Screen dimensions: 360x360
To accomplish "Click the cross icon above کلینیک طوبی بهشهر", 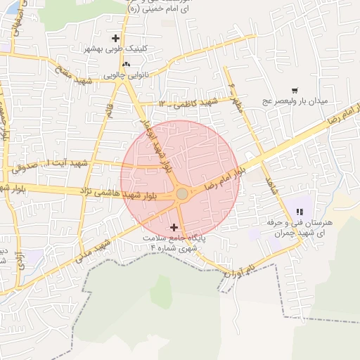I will pyautogui.click(x=116, y=38).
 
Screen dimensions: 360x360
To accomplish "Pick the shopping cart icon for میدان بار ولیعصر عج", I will pyautogui.click(x=294, y=90).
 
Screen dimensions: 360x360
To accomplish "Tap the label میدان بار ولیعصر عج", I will pyautogui.click(x=295, y=101).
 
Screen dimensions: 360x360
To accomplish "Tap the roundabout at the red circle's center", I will pyautogui.click(x=181, y=193).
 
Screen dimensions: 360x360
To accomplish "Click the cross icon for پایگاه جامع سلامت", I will pyautogui.click(x=174, y=228).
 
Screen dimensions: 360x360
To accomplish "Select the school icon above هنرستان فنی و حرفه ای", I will pyautogui.click(x=300, y=211).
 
